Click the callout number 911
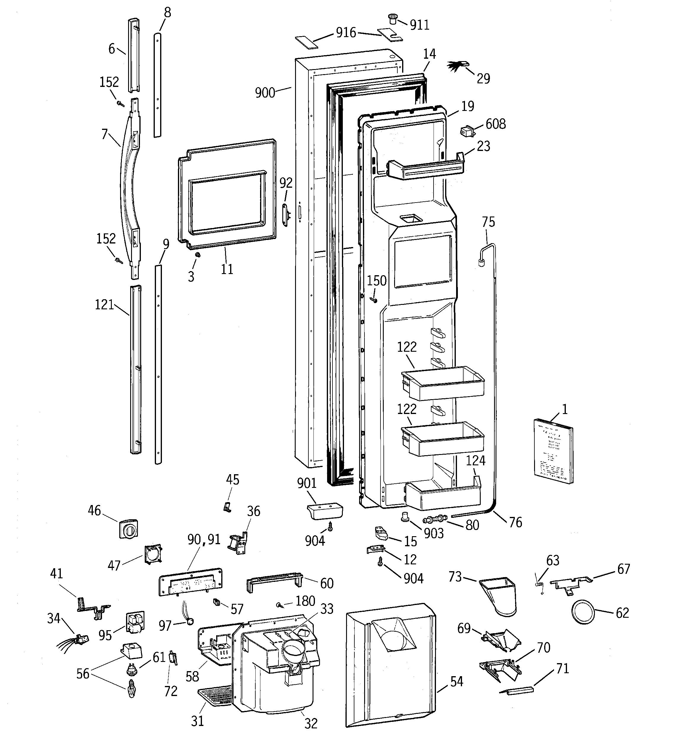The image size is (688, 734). (x=420, y=25)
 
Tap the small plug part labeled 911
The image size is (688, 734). (x=393, y=18)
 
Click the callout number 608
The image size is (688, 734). (x=496, y=124)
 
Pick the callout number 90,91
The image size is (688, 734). (x=204, y=539)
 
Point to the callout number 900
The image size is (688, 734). (x=265, y=93)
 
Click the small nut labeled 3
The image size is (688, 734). (x=198, y=255)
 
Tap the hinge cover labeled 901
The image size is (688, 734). (x=325, y=511)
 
